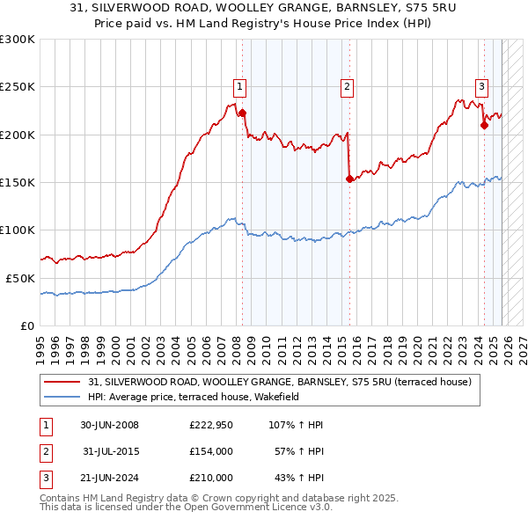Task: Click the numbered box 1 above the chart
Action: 239,86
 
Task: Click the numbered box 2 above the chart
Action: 348,86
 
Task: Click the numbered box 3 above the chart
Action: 482,86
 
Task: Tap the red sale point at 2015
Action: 349,179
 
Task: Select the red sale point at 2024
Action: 484,126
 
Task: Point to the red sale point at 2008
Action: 243,113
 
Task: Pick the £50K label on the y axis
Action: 21,278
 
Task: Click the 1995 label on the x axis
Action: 40,343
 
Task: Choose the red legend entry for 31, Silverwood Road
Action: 279,382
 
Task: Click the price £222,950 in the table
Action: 210,425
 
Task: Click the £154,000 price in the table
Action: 210,451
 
